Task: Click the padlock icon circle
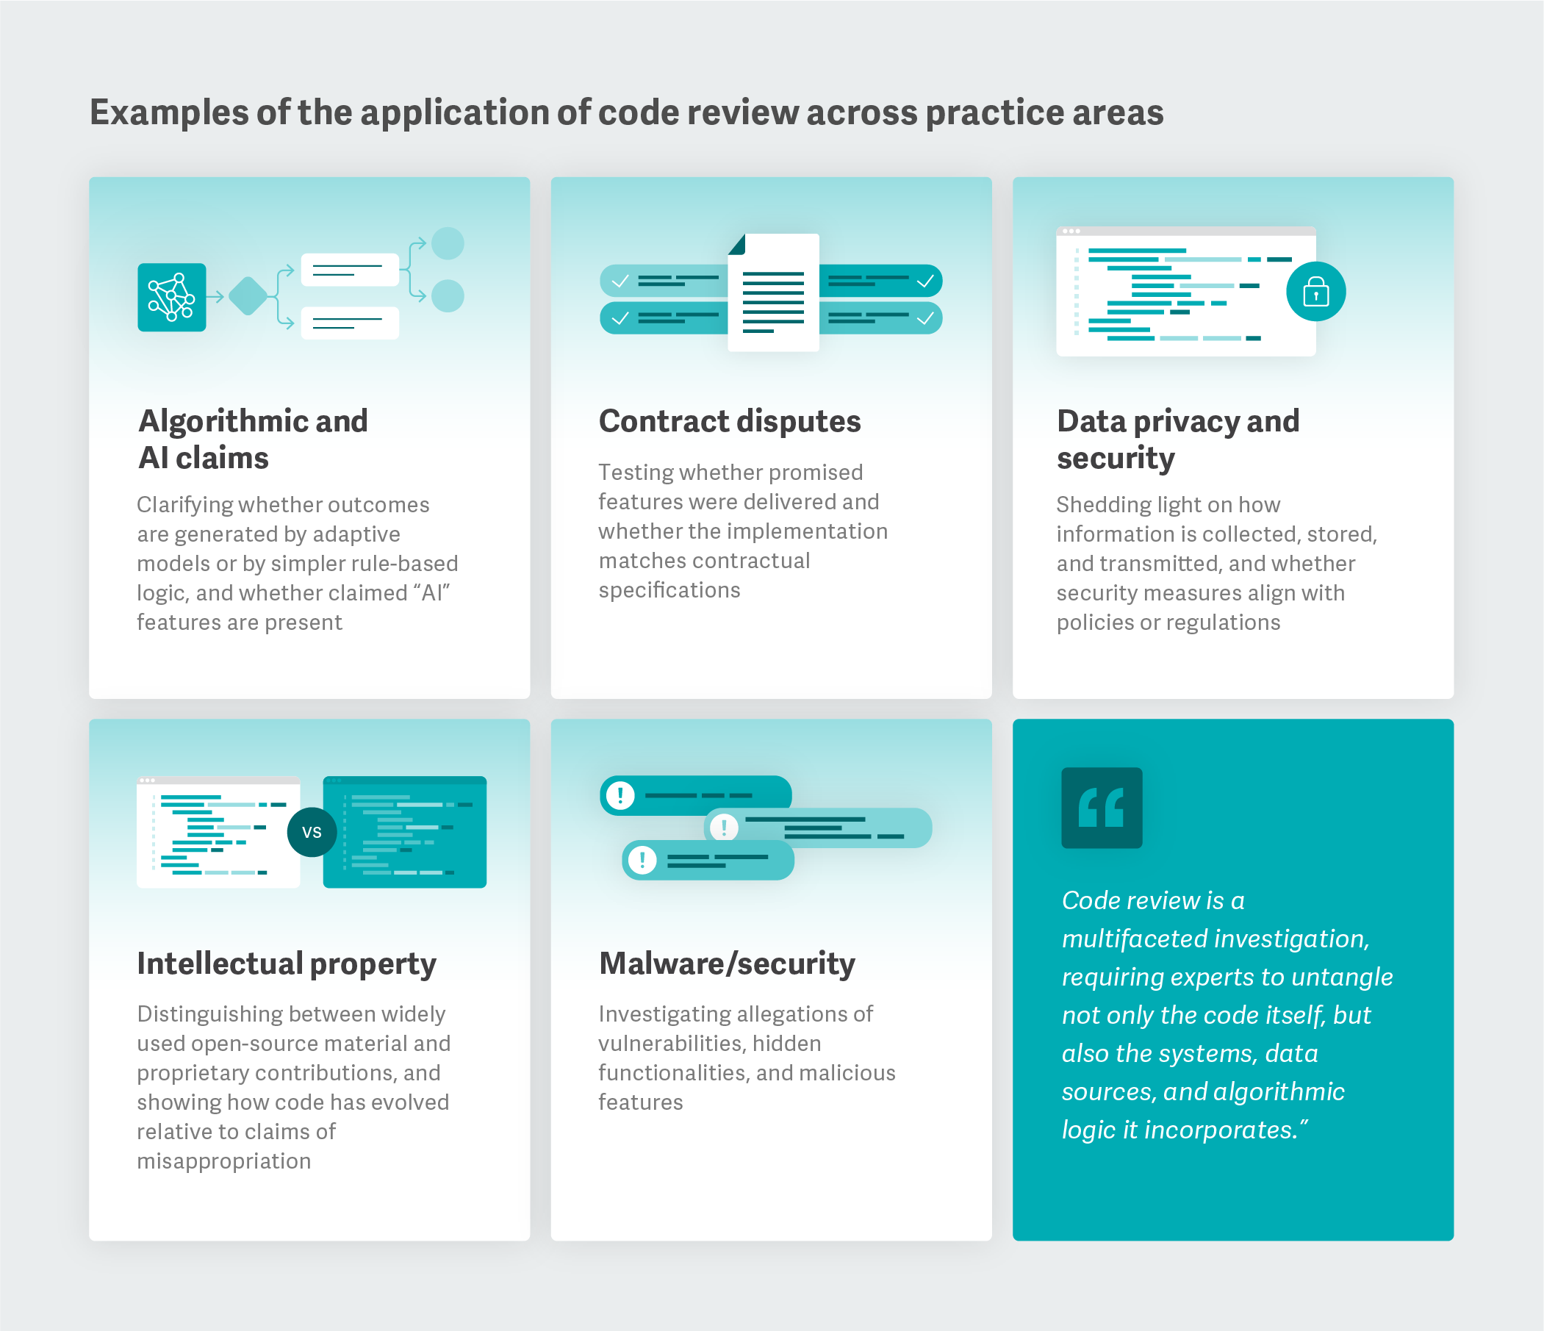[1315, 291]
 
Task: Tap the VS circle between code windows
[312, 832]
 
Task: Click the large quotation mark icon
[1102, 808]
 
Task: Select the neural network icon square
[171, 298]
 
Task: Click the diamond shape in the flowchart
[248, 297]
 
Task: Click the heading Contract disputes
[730, 421]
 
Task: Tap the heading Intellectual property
[286, 964]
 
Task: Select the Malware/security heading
[727, 964]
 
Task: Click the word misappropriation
[223, 1161]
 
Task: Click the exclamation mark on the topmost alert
[620, 795]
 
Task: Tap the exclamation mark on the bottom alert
[642, 860]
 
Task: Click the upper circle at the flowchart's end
[448, 243]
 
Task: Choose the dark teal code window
[405, 832]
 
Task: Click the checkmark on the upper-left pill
[620, 281]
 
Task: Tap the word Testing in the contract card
[636, 473]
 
